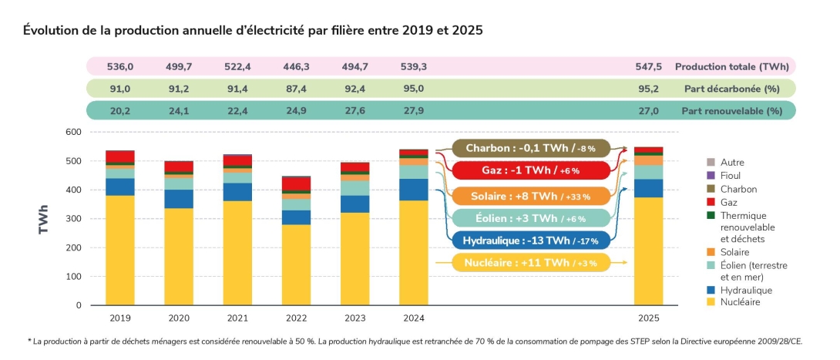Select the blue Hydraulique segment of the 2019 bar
pyautogui.click(x=120, y=187)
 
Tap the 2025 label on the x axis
pyautogui.click(x=648, y=318)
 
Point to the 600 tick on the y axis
pyautogui.click(x=72, y=133)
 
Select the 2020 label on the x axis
pyautogui.click(x=179, y=318)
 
